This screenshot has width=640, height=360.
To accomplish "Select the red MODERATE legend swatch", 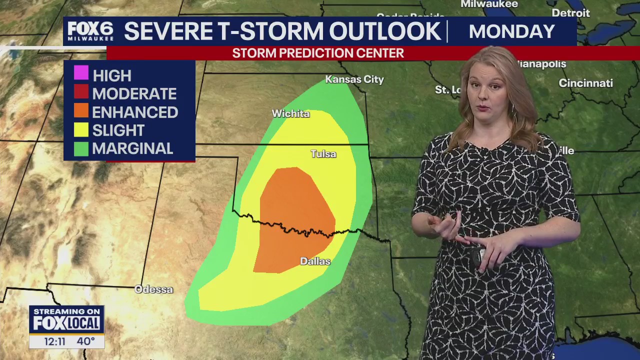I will (x=81, y=92).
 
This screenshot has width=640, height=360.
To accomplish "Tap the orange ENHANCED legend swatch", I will (x=81, y=110).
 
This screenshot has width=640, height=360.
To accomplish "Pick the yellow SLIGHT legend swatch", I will (x=81, y=129).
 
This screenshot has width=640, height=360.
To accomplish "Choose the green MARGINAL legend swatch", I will (x=81, y=148).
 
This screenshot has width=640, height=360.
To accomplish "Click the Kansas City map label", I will (x=354, y=79).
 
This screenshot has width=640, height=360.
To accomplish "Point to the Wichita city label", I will (x=290, y=114).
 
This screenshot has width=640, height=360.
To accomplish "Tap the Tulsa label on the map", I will (x=323, y=154).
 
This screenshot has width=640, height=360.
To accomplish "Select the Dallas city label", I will (x=315, y=261).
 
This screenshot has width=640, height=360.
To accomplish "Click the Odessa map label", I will (x=153, y=289).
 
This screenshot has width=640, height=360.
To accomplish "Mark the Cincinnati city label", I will (x=585, y=83).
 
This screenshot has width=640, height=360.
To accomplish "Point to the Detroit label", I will (x=570, y=13).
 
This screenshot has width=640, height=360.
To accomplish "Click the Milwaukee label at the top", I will (x=489, y=4).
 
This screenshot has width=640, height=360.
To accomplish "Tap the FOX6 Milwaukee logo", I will (x=90, y=31).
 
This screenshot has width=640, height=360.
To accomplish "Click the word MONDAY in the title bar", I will (x=511, y=31).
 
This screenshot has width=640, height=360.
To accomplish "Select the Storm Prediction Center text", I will (x=318, y=53).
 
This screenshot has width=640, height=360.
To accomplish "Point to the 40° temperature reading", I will (x=85, y=341).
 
